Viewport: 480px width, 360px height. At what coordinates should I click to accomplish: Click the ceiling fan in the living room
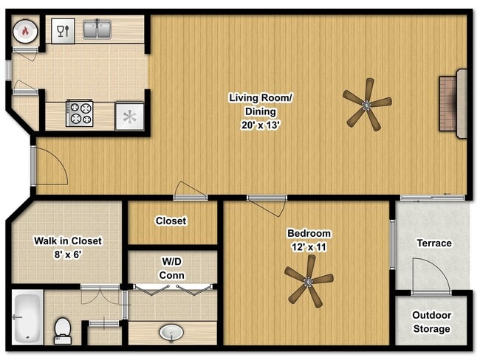click(367, 104)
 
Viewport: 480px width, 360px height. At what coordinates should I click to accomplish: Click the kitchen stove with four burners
click(79, 114)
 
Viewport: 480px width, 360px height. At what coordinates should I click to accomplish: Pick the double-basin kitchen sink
click(97, 30)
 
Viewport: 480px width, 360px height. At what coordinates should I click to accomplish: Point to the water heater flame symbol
click(23, 32)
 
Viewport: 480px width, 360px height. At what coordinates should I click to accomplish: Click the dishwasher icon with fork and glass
click(62, 31)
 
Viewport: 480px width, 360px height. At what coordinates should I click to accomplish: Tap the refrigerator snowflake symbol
click(129, 117)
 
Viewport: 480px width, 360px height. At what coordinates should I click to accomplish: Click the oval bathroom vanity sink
click(172, 333)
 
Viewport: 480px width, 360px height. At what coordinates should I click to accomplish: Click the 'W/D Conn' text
click(172, 269)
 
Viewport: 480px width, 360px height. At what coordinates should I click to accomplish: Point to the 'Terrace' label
click(433, 243)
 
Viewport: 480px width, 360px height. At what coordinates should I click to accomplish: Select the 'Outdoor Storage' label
click(431, 322)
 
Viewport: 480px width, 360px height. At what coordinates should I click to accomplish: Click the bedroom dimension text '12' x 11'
click(309, 247)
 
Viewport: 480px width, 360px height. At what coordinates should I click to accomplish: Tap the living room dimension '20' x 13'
click(253, 125)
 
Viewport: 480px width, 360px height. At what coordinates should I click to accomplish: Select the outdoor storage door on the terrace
click(431, 279)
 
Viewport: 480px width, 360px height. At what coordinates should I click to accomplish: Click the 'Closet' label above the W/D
click(171, 221)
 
